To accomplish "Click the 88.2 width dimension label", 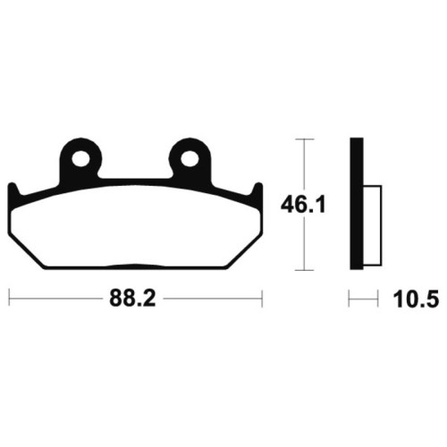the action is click(132, 299).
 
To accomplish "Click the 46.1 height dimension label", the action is click(303, 205).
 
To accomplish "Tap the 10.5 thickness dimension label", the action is click(416, 299).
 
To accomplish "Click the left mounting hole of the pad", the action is click(81, 158).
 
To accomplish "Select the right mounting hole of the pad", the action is click(190, 158).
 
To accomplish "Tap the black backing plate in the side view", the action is click(357, 204).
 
